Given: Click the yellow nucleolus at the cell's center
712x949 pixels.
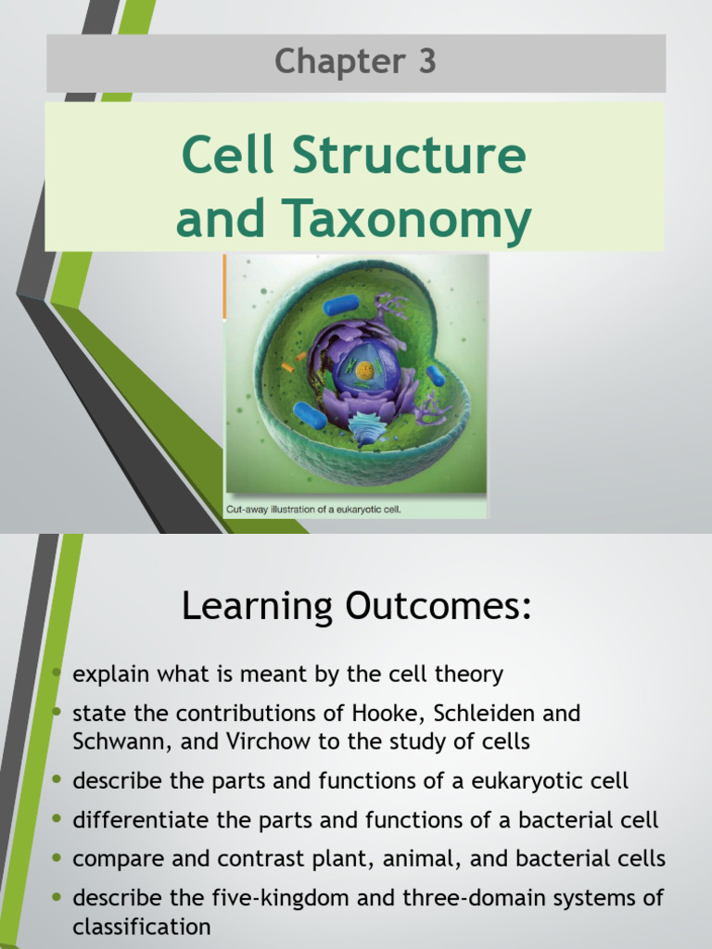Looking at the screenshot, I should point(365,371).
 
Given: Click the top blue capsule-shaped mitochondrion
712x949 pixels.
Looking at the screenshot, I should point(340,306).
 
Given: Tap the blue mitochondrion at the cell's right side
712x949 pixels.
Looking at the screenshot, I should point(435,374).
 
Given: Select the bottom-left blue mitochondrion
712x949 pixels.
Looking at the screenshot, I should point(310,415).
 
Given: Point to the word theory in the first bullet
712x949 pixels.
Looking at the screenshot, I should point(473,674).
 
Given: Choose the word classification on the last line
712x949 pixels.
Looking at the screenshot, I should point(142,926).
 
